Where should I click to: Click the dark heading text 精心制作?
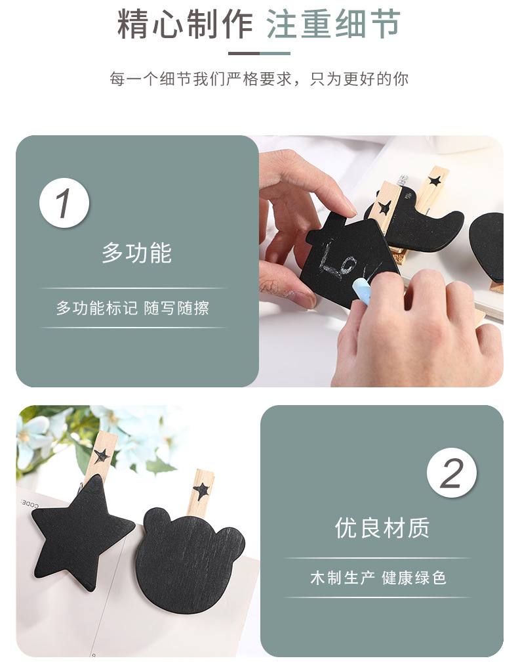coord(185,25)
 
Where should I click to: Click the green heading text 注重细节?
coord(333,25)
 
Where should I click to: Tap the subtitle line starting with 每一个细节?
coord(259,79)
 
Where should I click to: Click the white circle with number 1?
coord(64,203)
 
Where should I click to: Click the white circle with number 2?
coord(451,473)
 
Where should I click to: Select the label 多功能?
coord(136,253)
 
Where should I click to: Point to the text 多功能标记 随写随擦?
coord(132,308)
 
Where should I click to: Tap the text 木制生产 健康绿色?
coord(378,578)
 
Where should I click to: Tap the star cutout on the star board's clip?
coord(102,455)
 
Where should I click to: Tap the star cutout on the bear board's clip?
coord(202,490)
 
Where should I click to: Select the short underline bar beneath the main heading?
coord(259,53)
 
